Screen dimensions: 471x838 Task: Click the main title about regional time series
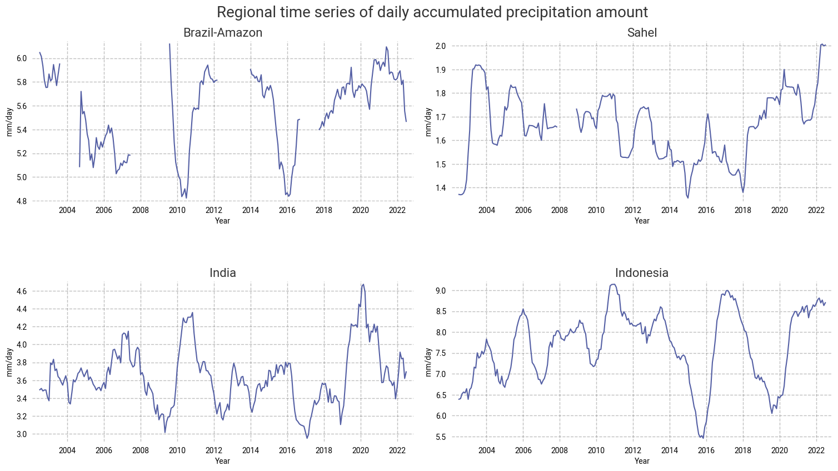tap(432, 12)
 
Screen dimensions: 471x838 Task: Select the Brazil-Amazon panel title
tap(223, 33)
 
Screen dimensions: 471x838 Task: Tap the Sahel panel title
tap(642, 33)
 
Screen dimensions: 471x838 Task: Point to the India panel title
tap(223, 273)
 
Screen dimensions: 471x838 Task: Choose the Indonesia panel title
tap(642, 273)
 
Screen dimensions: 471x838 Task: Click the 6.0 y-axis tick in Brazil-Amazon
tap(22, 58)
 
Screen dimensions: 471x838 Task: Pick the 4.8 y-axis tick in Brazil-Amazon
tap(22, 201)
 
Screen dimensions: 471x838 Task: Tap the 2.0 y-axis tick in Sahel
tap(441, 46)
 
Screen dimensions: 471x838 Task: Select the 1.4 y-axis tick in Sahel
tap(441, 188)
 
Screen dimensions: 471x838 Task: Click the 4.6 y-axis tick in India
tap(22, 291)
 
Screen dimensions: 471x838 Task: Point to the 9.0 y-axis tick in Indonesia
tap(441, 291)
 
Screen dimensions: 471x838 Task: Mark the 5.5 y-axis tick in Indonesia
tap(441, 437)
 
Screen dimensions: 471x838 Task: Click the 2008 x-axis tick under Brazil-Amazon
tap(141, 210)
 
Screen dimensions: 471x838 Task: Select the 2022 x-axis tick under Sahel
tap(816, 210)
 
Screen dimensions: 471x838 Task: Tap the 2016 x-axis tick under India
tap(287, 450)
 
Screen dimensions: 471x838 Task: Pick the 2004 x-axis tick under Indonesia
tap(486, 450)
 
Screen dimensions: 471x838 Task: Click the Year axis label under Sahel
tap(642, 221)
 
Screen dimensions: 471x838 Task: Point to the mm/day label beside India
tap(9, 362)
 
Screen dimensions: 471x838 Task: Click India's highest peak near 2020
tap(363, 284)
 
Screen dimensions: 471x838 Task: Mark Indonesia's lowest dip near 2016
tap(703, 438)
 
